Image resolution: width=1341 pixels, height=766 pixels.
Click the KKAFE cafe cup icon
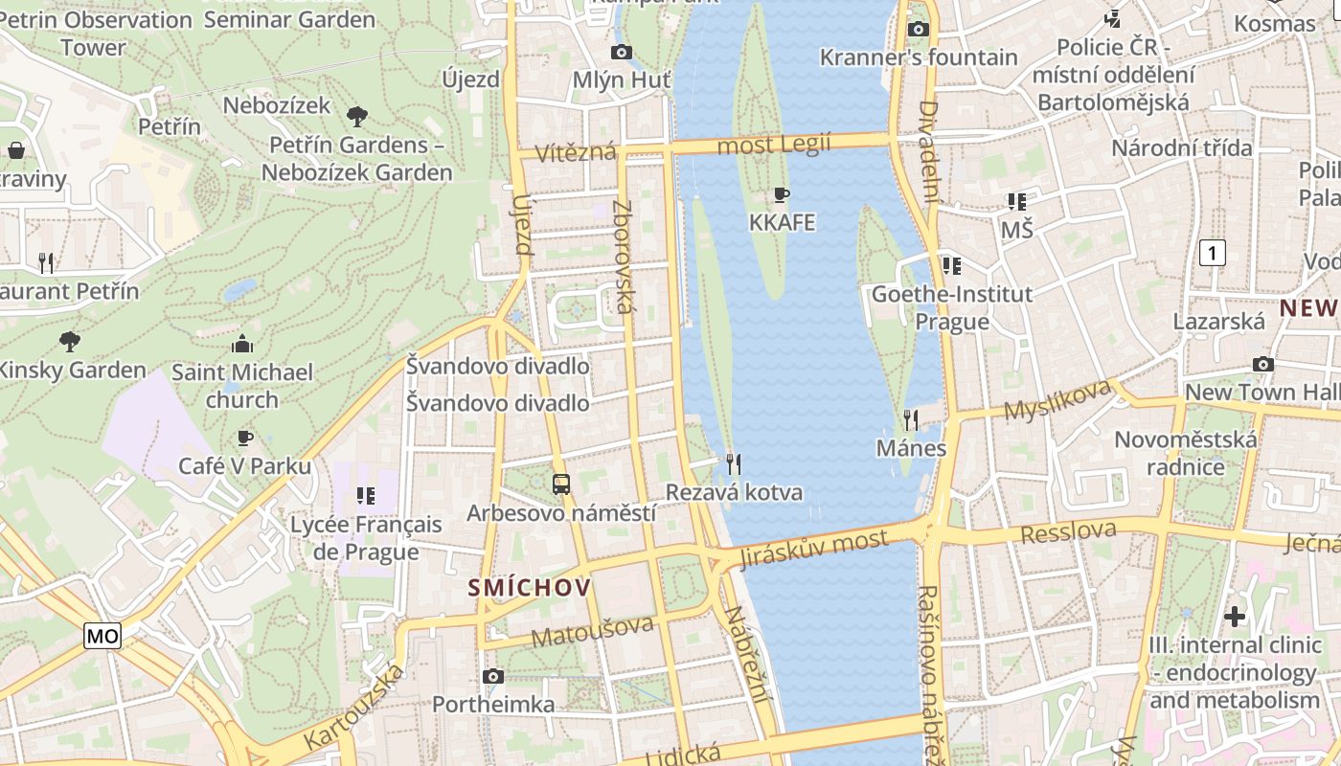point(782,195)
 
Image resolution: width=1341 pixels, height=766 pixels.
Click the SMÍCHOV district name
point(530,588)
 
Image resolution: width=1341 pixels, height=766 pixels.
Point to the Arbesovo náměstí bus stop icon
point(561,484)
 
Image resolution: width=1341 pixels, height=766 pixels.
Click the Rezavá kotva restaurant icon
point(734,464)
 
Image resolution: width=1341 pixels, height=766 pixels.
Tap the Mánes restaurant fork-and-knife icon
point(911,419)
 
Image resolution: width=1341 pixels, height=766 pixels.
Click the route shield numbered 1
point(1213,253)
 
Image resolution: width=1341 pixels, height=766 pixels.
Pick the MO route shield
point(102,636)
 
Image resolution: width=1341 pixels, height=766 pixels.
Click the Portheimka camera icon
point(493,677)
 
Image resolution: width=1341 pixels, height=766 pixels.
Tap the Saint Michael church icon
point(242,344)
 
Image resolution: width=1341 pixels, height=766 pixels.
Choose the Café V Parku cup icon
point(245,438)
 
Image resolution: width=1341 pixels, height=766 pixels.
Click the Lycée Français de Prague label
point(366,538)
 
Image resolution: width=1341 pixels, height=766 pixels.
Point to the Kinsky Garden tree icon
point(69,341)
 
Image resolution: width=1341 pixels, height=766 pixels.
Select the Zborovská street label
point(624,257)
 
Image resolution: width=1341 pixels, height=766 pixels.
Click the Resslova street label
point(1068,531)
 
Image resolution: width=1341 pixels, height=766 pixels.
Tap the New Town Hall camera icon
point(1263,364)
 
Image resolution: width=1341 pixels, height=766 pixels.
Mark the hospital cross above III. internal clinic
point(1235,616)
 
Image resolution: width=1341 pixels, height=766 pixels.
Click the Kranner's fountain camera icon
point(919,29)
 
